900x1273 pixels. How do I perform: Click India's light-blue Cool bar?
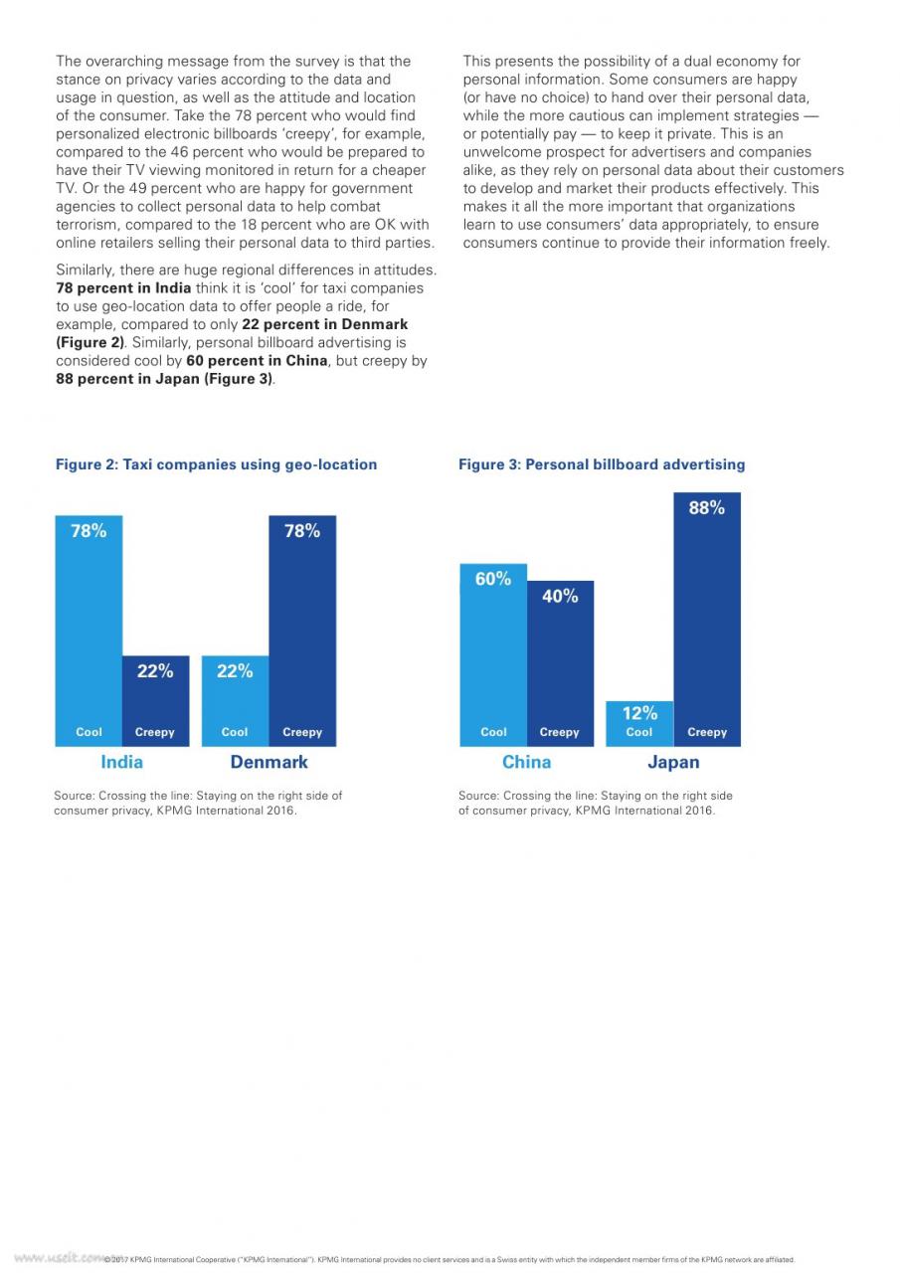(89, 631)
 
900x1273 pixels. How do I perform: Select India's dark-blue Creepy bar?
(156, 701)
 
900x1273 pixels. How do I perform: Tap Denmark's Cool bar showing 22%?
(236, 701)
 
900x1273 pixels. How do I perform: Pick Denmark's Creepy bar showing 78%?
(302, 631)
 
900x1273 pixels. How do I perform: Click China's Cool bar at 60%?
(493, 654)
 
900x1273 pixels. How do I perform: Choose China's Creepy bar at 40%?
(560, 663)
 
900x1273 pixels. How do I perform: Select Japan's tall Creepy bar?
(707, 620)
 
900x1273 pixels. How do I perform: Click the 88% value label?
(707, 507)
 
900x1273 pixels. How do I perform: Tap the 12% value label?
(639, 713)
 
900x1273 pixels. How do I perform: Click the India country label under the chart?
(121, 762)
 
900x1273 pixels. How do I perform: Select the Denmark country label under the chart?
(269, 762)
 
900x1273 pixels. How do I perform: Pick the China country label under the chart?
(527, 762)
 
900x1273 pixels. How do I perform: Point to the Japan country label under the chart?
(673, 762)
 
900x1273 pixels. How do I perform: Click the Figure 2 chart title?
(216, 464)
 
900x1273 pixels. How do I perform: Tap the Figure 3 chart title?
(602, 464)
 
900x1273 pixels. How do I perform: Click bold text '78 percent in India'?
(123, 287)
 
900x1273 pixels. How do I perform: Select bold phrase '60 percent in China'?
(257, 360)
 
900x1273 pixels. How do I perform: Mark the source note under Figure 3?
(596, 803)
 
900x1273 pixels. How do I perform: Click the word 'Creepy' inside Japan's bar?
(707, 732)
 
